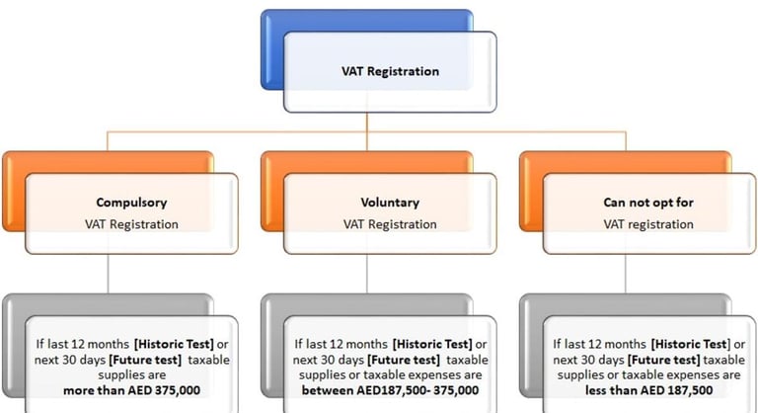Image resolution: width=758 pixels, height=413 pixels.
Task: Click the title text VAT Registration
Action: pyautogui.click(x=390, y=71)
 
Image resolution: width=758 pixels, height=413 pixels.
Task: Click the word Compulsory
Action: pyautogui.click(x=131, y=203)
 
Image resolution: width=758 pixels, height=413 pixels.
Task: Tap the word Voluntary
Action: pyautogui.click(x=390, y=203)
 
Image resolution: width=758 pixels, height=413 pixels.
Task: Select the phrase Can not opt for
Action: pyautogui.click(x=648, y=203)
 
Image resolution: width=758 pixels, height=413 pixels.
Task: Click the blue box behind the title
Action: pyautogui.click(x=296, y=22)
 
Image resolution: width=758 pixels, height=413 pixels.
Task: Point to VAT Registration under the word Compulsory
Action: pyautogui.click(x=131, y=224)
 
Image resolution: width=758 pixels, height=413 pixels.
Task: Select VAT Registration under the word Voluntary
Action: pyautogui.click(x=390, y=224)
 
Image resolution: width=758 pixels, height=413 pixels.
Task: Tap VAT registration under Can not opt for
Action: pyautogui.click(x=648, y=224)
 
